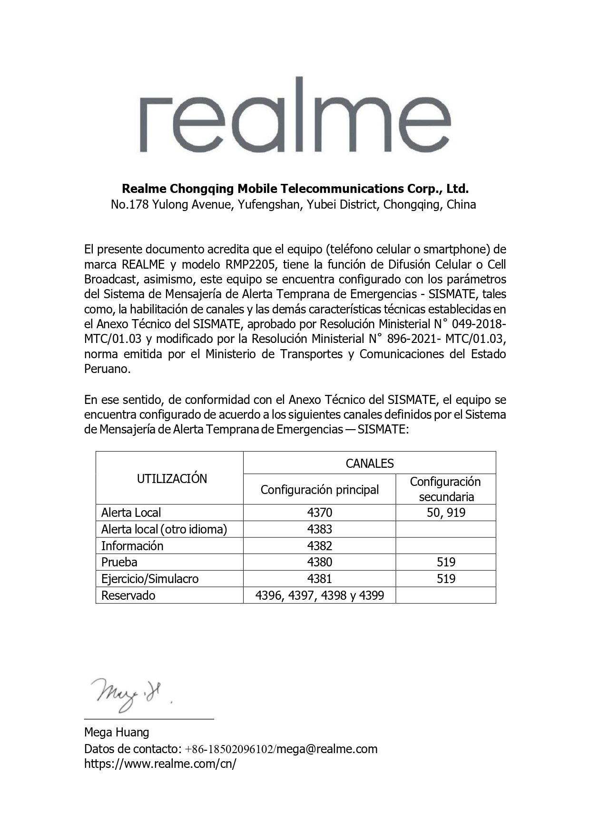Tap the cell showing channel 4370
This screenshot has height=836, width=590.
(319, 513)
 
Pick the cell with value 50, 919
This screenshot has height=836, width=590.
(446, 513)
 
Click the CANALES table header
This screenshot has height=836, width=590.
(369, 463)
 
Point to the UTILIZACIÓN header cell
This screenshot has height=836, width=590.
(172, 479)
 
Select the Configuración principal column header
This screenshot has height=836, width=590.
(319, 490)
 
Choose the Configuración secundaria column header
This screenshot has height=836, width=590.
(446, 489)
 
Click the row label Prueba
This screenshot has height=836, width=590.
(119, 562)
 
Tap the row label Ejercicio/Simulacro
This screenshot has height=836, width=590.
(150, 579)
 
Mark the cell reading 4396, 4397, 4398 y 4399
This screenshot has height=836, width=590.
(319, 595)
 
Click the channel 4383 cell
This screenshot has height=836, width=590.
(319, 529)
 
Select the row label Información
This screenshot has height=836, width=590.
(132, 546)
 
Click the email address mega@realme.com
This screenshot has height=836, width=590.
(327, 749)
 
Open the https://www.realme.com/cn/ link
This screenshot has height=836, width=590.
(160, 764)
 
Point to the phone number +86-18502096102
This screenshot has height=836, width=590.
(229, 749)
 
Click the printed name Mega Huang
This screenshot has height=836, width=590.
(117, 732)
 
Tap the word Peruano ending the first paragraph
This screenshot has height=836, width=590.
(106, 369)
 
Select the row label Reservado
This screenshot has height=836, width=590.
(128, 595)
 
